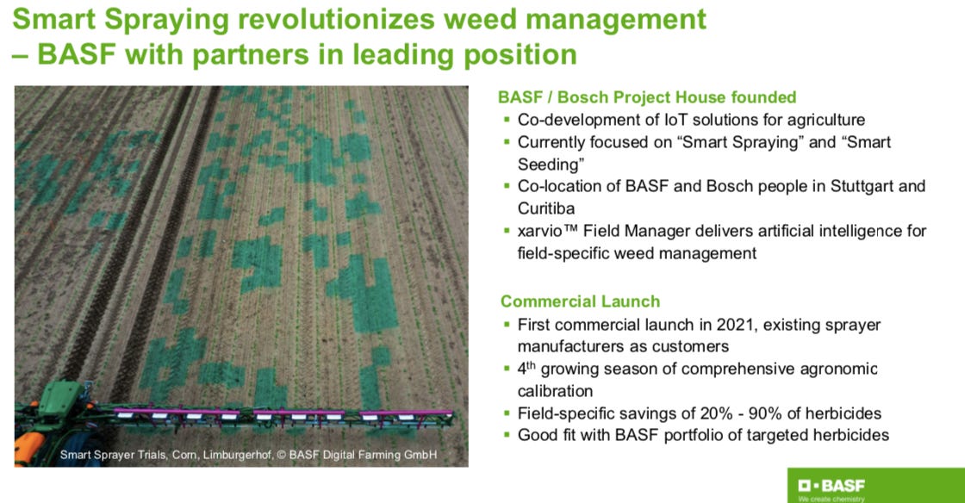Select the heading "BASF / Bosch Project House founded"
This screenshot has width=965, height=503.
648,97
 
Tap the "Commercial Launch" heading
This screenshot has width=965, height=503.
580,301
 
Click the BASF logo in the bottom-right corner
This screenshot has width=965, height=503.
828,486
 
